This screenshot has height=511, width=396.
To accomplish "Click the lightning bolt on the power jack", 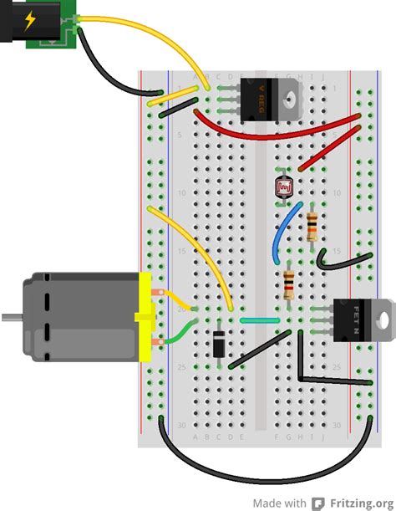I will (31, 21).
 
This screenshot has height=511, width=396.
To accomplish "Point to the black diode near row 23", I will (218, 344).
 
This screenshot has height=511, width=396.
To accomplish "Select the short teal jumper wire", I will (260, 320).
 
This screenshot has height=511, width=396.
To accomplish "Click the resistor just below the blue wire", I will (289, 284).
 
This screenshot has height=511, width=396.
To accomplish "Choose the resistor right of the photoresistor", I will (312, 224).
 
